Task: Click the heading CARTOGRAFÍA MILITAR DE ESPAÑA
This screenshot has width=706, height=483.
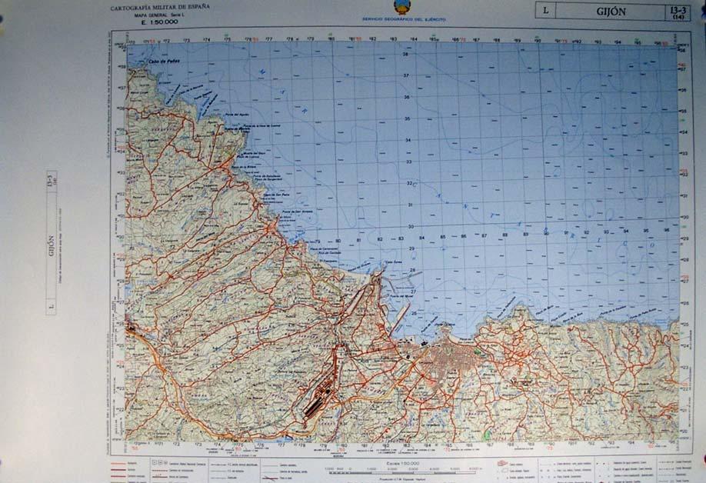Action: pyautogui.click(x=159, y=8)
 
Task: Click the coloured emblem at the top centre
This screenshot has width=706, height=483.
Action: pyautogui.click(x=401, y=7)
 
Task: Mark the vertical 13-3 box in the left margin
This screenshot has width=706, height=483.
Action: pyautogui.click(x=52, y=182)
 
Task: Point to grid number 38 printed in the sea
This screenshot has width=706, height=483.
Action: pyautogui.click(x=406, y=55)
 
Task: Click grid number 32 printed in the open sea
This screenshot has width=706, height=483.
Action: pyautogui.click(x=410, y=183)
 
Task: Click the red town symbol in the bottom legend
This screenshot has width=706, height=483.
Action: pyautogui.click(x=503, y=463)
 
